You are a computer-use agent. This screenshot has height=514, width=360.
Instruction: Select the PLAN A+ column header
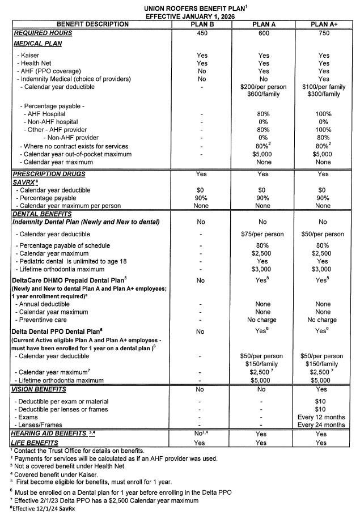point(323,24)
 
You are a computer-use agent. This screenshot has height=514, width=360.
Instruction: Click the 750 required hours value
point(323,33)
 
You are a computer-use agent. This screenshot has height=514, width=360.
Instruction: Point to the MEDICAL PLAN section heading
point(37,44)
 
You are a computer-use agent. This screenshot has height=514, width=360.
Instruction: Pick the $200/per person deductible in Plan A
point(264,87)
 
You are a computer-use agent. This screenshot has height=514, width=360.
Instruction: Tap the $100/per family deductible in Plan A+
point(323,87)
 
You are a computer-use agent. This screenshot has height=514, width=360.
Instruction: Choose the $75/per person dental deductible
point(264,234)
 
